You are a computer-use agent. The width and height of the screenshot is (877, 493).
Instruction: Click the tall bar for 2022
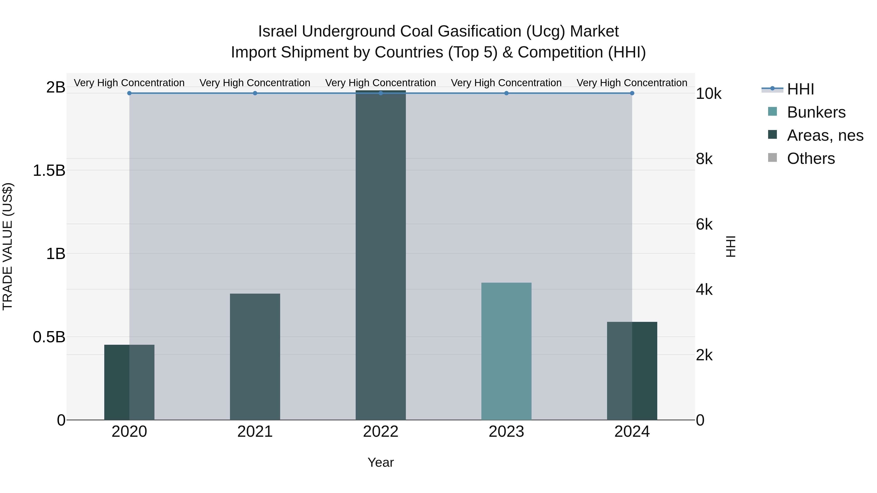click(381, 255)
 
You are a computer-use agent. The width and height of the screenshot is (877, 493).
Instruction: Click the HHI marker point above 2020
click(129, 93)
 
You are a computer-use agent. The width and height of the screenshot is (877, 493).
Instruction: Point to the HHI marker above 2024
click(632, 93)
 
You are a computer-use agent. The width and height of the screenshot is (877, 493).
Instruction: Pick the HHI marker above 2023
click(506, 93)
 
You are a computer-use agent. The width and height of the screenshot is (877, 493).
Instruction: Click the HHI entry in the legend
click(800, 89)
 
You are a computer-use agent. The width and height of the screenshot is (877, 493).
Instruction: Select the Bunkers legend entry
click(816, 112)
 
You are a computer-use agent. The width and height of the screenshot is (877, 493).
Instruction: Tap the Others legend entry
click(810, 158)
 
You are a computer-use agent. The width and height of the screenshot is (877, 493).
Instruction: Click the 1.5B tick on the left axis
click(49, 170)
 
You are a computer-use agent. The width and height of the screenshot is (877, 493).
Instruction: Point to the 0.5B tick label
click(49, 337)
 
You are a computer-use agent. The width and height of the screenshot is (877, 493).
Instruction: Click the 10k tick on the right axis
click(708, 94)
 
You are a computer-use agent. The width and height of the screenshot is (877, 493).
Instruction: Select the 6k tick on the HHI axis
click(704, 224)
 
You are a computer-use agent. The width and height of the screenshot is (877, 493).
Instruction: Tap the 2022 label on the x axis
click(381, 432)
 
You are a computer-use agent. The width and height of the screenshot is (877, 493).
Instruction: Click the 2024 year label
click(632, 432)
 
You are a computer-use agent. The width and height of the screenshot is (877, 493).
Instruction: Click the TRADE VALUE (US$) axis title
click(8, 246)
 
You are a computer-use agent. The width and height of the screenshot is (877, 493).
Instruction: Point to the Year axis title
click(381, 462)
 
